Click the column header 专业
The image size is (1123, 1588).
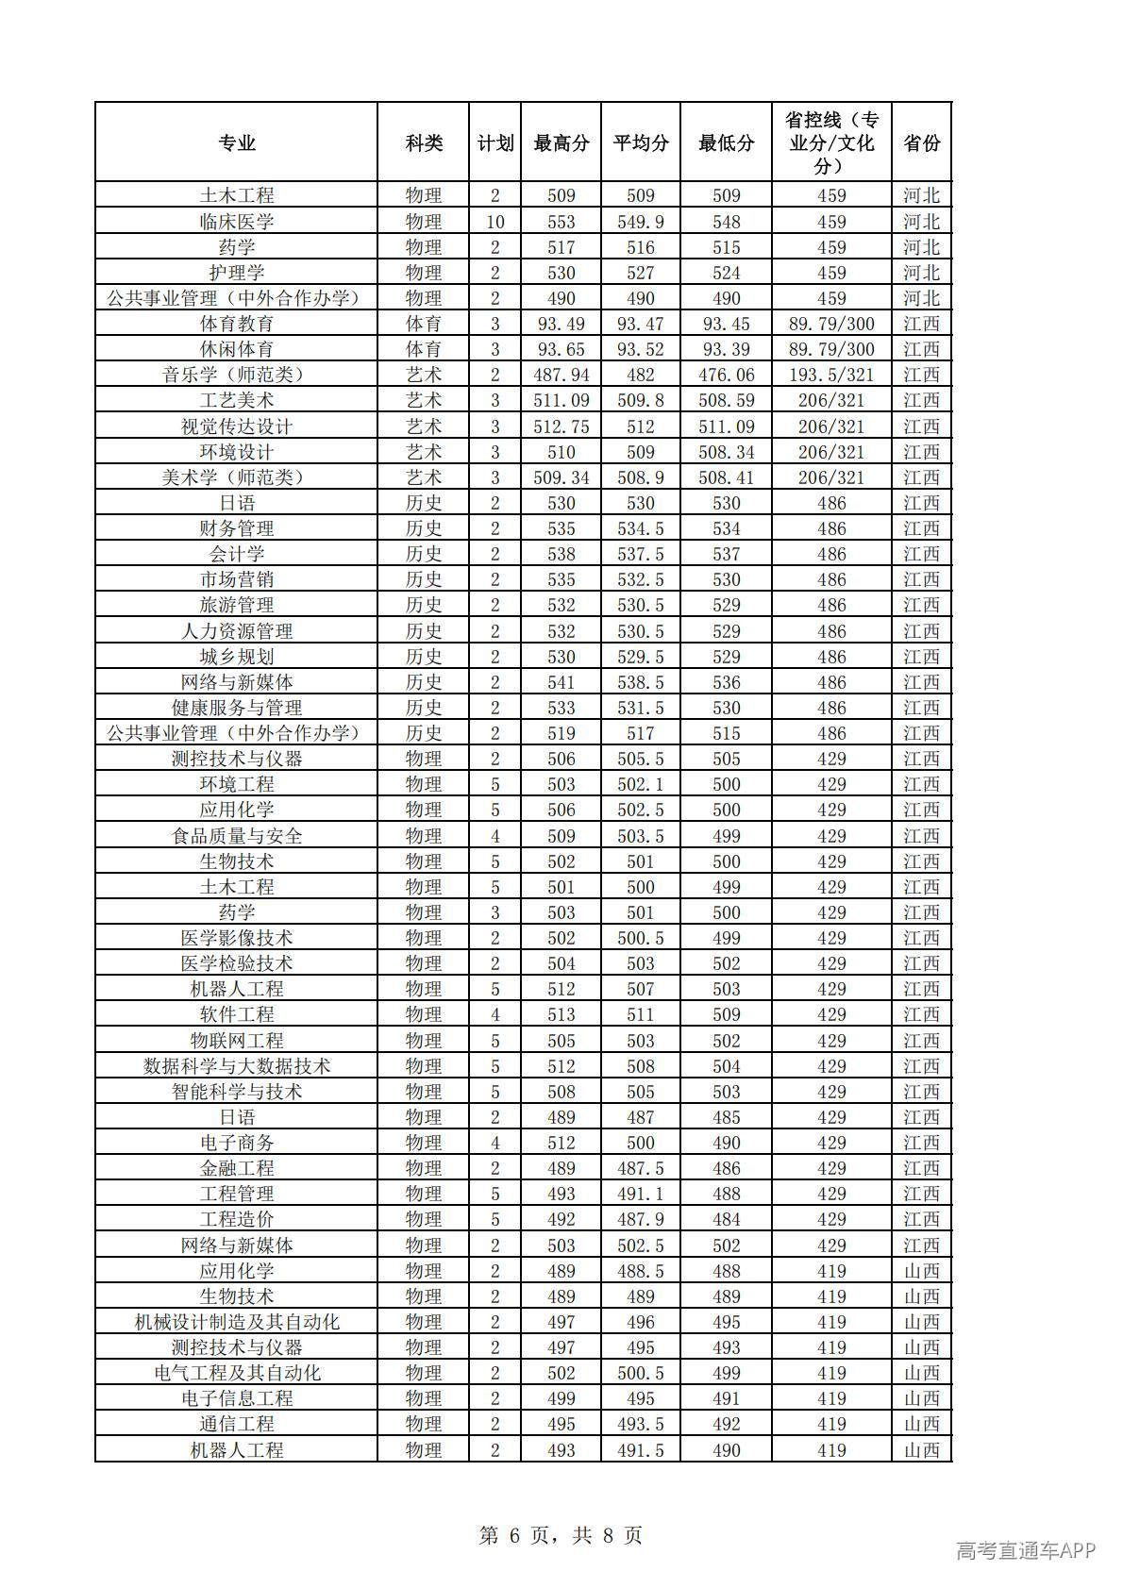click(x=237, y=142)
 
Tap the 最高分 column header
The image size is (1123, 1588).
click(x=561, y=142)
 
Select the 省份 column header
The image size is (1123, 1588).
click(x=921, y=142)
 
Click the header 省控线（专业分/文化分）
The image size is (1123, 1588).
click(x=831, y=142)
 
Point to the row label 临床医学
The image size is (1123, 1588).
click(x=237, y=222)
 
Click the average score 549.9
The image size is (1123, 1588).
click(x=640, y=222)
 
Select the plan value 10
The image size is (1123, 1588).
click(x=494, y=222)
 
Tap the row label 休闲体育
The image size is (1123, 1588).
click(x=237, y=349)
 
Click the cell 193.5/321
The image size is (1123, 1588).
click(x=831, y=375)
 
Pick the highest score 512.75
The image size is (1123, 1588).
click(x=561, y=426)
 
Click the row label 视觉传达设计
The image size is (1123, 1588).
click(x=237, y=426)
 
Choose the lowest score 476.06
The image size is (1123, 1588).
click(x=726, y=375)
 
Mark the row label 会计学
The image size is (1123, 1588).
click(x=237, y=554)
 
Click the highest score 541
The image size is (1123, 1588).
click(x=561, y=682)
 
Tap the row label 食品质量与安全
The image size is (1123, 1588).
click(x=237, y=836)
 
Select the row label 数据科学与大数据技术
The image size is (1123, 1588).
click(x=237, y=1066)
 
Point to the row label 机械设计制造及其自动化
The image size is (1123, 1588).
click(x=237, y=1322)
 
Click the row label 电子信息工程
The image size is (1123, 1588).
click(x=237, y=1398)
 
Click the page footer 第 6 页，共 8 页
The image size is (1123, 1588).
click(x=561, y=1535)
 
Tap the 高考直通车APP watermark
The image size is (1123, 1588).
click(x=1025, y=1550)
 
